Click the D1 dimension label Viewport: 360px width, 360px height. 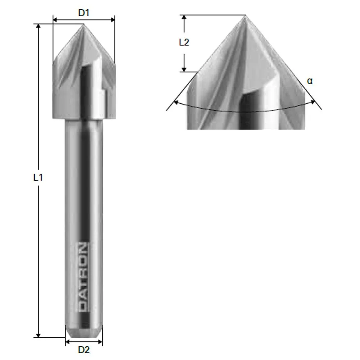click(84, 13)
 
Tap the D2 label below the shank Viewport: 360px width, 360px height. click(84, 349)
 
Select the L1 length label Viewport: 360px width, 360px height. click(38, 177)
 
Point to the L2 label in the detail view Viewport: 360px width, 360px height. click(184, 42)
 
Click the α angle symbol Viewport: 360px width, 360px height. click(310, 81)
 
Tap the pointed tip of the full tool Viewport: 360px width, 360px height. click(84, 24)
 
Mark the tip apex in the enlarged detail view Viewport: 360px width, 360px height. click(246, 15)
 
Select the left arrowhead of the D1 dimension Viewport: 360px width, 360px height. click(55, 19)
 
